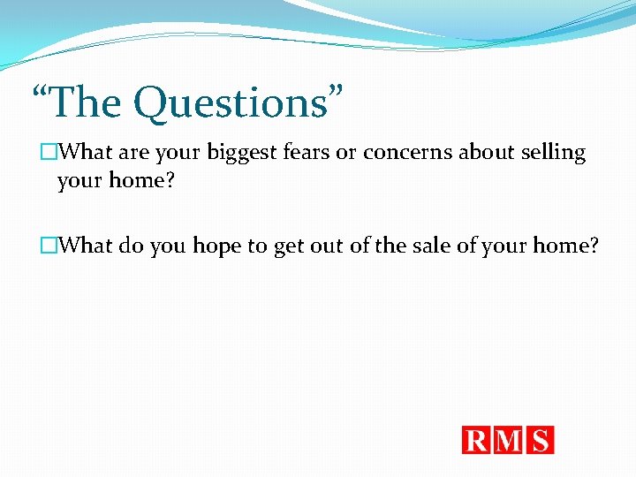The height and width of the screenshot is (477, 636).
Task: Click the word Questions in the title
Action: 231,103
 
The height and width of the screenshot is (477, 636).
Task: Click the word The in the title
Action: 85,102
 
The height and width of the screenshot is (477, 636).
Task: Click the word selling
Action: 554,153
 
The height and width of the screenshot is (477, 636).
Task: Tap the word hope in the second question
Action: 217,246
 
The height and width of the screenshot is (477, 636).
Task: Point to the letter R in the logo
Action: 477,440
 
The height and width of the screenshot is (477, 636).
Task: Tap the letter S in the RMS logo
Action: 541,440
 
